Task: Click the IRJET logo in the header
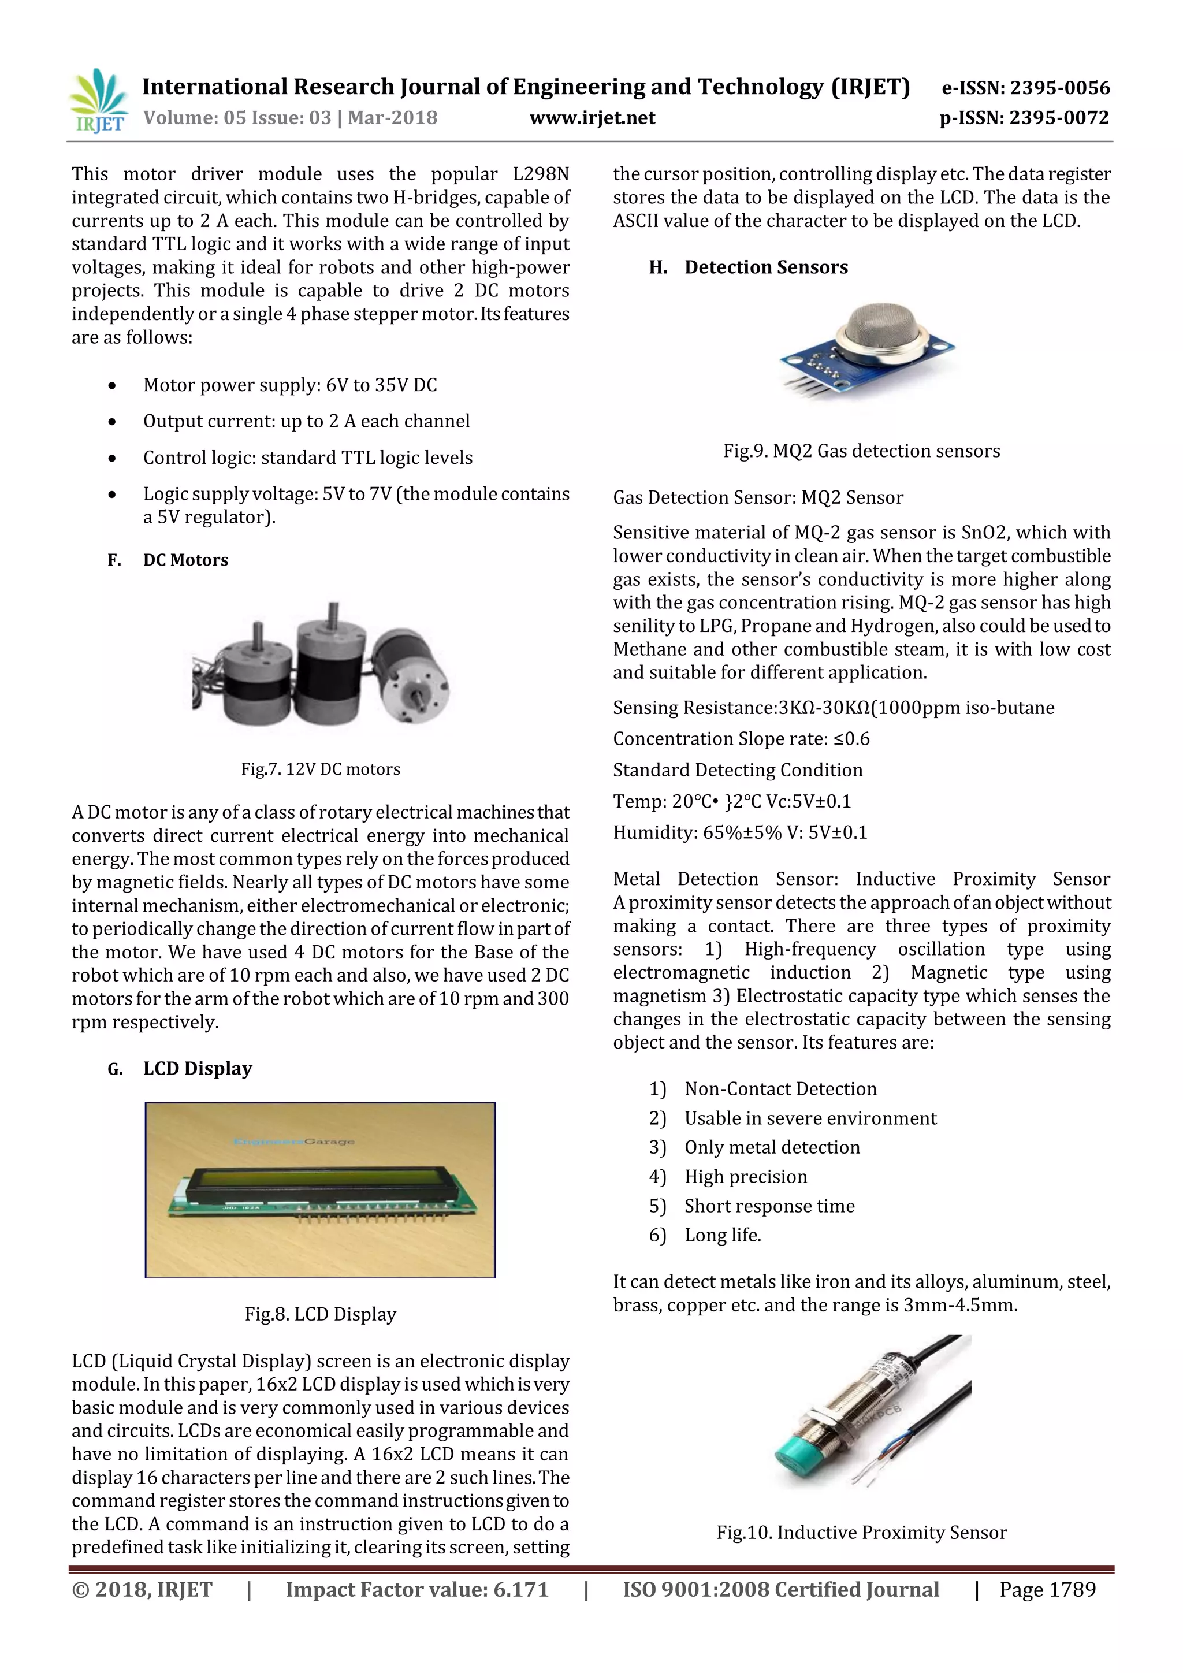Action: click(x=98, y=101)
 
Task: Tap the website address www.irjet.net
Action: click(x=591, y=118)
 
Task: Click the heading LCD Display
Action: click(x=198, y=1068)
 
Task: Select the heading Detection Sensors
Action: click(x=765, y=267)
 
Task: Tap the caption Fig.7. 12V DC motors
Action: click(x=321, y=769)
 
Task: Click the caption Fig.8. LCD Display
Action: click(x=321, y=1314)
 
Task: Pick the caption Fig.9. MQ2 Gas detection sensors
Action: click(x=861, y=451)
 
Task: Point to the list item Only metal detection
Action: click(x=771, y=1147)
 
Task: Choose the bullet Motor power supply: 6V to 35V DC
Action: click(x=289, y=385)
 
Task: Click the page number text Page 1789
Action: click(x=1047, y=1589)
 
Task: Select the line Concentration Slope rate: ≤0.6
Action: click(x=741, y=739)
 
